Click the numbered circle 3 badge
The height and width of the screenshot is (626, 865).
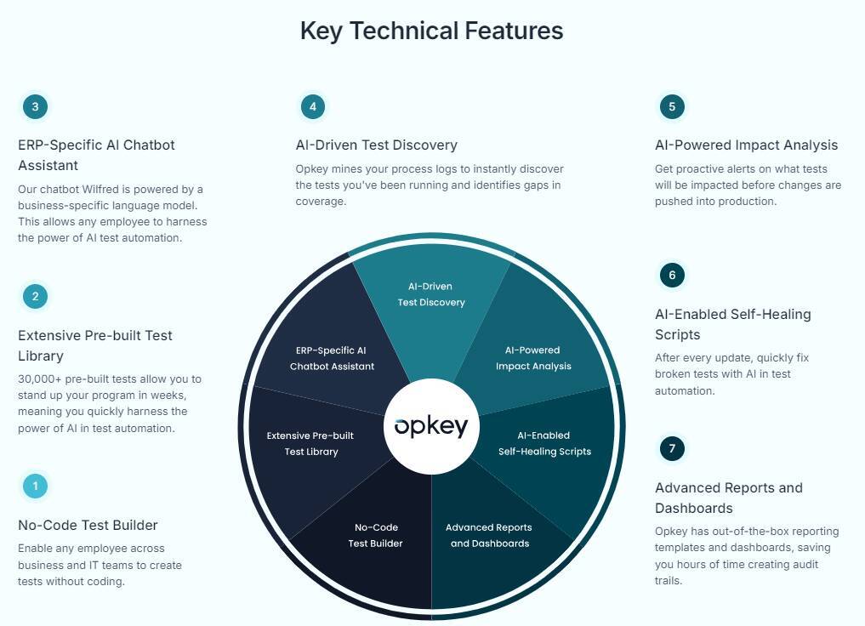[x=35, y=107]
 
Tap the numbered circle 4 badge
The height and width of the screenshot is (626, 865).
[x=313, y=107]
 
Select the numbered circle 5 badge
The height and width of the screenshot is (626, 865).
[x=672, y=107]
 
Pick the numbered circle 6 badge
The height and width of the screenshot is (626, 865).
[x=672, y=276]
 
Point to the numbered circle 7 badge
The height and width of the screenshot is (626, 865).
[x=672, y=448]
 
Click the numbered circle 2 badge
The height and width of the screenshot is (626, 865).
[x=35, y=297]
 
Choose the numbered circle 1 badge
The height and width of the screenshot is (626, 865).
[x=35, y=487]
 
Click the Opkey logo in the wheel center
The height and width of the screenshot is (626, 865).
[x=431, y=425]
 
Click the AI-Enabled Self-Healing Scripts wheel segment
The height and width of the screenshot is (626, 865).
[x=544, y=443]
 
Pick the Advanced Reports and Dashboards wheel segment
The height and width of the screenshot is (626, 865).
[x=489, y=535]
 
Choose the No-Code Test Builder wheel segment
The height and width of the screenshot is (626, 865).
[x=375, y=535]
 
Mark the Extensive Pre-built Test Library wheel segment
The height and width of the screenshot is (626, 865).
[x=310, y=443]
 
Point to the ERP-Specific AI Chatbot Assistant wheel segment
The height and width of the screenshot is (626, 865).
[x=332, y=358]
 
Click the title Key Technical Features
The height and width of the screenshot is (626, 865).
[x=431, y=31]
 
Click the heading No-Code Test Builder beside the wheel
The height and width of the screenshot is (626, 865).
[x=88, y=525]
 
